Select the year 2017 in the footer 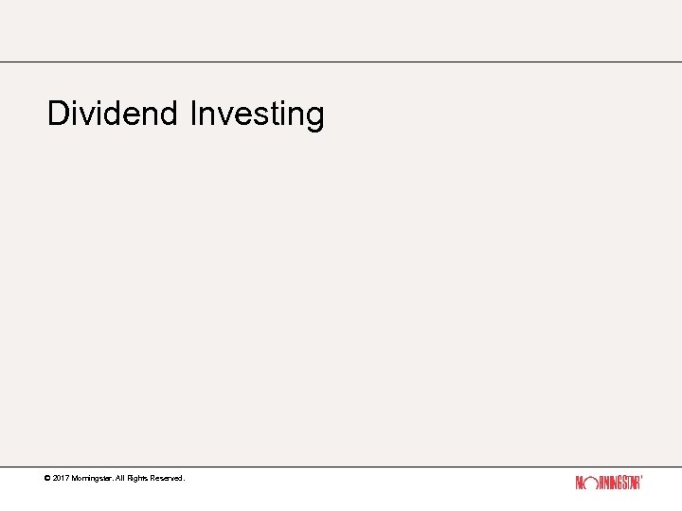coord(62,479)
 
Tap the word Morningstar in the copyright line coord(92,479)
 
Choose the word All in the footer coord(120,479)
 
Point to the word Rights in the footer coord(140,479)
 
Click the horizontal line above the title coord(341,62)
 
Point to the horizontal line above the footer coord(341,467)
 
